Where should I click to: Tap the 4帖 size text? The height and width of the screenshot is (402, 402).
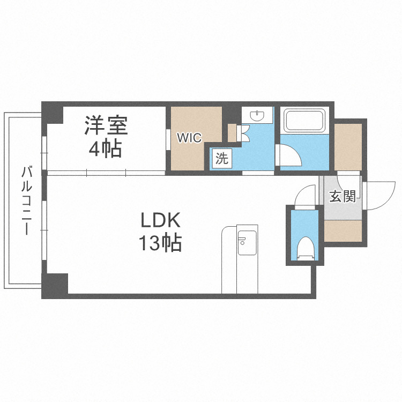(105, 148)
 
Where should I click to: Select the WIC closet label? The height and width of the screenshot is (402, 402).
(189, 138)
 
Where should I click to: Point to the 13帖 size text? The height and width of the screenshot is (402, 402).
(160, 244)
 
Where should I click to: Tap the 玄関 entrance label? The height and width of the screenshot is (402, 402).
(342, 197)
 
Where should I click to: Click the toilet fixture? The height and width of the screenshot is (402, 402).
(304, 248)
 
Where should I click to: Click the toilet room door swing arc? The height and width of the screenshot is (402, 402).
(308, 195)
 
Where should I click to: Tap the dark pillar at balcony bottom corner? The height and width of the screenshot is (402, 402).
(55, 285)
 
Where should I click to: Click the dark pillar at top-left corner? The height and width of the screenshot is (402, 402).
(53, 113)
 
